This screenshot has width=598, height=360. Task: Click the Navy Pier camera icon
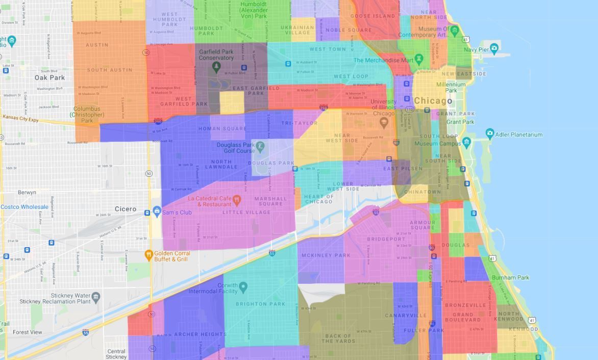tap(494, 49)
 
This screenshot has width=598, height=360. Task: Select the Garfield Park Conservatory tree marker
tap(216, 66)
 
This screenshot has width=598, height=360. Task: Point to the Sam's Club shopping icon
tap(157, 211)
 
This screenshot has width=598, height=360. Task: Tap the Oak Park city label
tap(49, 78)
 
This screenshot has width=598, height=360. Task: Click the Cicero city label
tap(125, 209)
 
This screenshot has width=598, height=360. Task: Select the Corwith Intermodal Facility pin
tap(243, 288)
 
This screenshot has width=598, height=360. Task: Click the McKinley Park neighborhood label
tap(326, 255)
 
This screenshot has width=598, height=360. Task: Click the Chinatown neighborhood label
tap(422, 193)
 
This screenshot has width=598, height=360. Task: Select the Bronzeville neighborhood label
tap(465, 305)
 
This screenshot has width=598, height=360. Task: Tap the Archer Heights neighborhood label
tap(200, 334)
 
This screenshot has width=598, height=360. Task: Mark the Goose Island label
tap(372, 16)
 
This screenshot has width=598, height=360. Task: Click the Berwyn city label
tap(27, 193)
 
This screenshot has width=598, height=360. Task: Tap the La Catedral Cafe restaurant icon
tap(237, 199)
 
